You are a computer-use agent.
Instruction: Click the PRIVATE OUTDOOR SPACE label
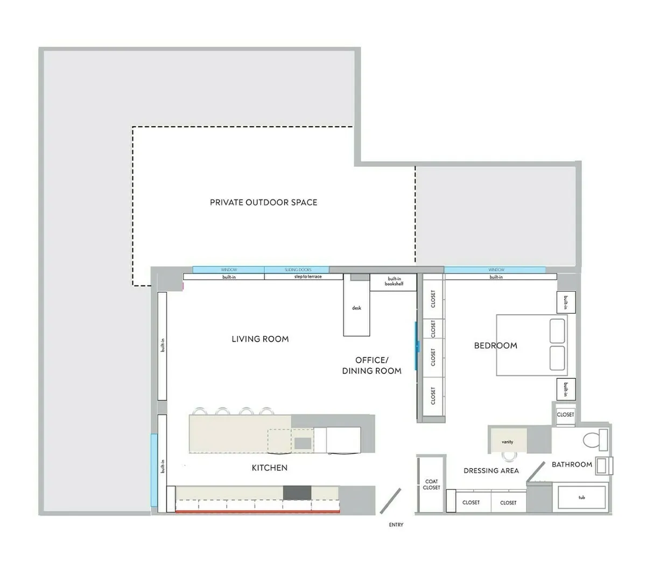[263, 202]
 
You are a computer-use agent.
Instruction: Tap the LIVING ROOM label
[260, 339]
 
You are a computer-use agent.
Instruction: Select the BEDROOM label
[495, 346]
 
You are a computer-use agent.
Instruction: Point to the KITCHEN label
[270, 468]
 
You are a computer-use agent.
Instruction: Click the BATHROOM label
[572, 464]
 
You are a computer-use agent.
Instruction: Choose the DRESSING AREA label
[491, 470]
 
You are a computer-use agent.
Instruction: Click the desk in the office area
[356, 308]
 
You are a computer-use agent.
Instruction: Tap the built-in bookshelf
[394, 281]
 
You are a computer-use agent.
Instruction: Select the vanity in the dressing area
[507, 441]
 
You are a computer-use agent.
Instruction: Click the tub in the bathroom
[582, 497]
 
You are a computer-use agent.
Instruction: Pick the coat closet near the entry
[431, 484]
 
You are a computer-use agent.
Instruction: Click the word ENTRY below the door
[396, 525]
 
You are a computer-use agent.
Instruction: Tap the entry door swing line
[390, 500]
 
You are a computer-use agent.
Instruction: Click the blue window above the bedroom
[495, 270]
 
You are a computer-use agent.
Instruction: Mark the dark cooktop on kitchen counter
[297, 492]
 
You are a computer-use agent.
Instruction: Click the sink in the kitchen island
[302, 443]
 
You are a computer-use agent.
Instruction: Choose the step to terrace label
[307, 277]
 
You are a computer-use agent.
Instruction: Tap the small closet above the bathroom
[565, 414]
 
